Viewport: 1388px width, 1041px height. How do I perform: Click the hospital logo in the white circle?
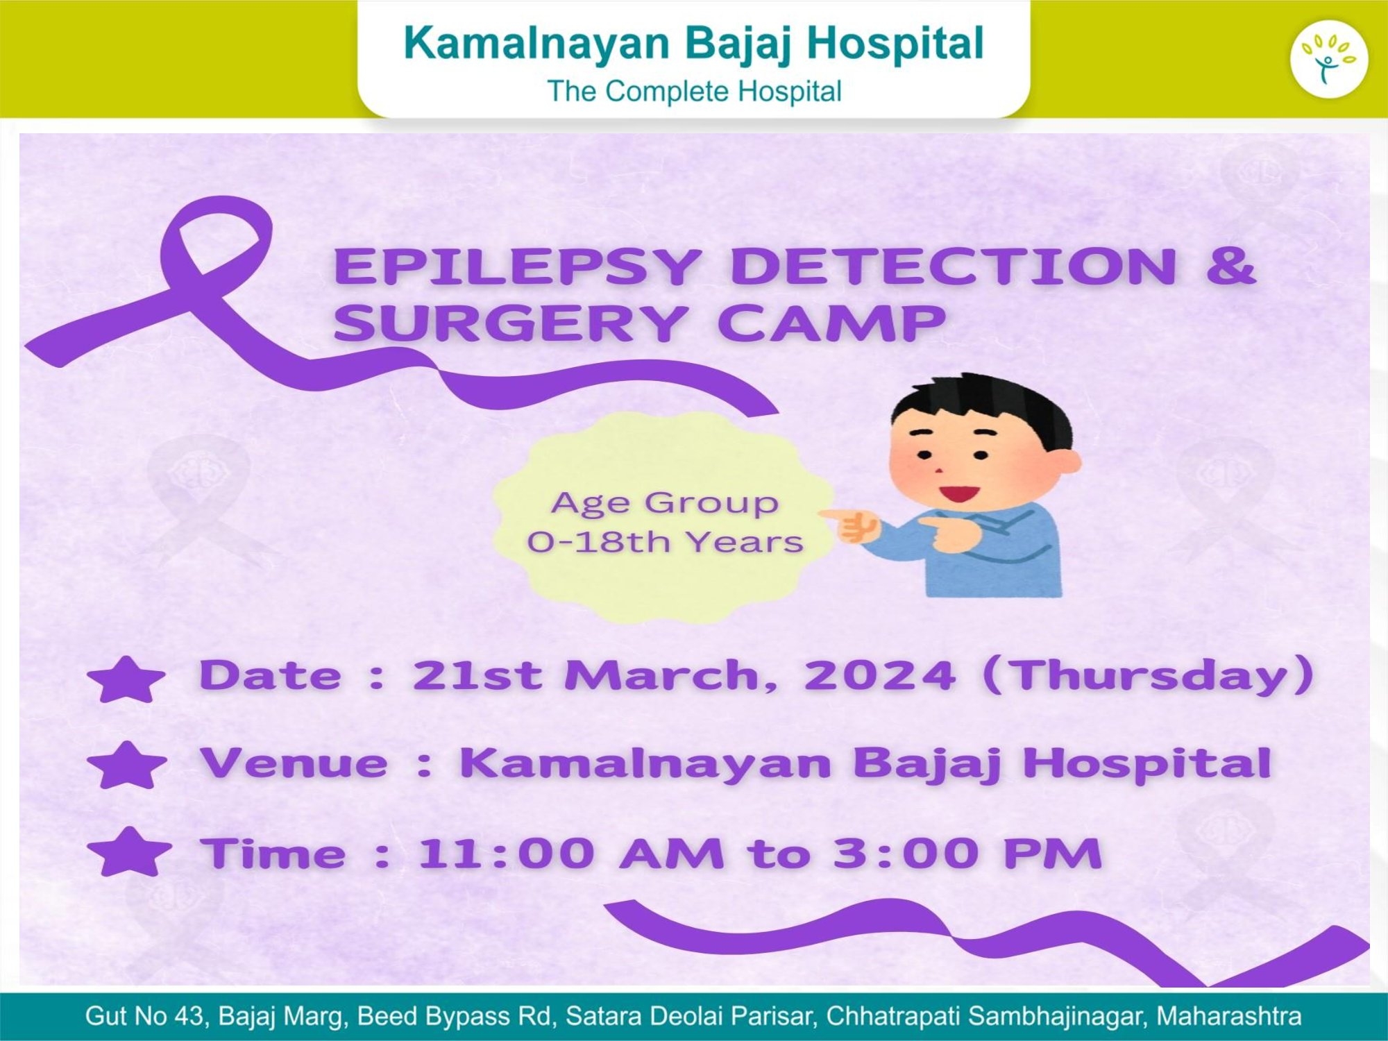[1328, 59]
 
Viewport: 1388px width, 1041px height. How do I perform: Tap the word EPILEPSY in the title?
[516, 266]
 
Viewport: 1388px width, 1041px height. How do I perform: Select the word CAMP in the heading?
[831, 323]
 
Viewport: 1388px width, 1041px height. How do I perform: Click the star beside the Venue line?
[127, 765]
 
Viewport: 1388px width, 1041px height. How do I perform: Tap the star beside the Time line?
[130, 852]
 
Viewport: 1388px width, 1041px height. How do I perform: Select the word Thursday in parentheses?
[1149, 675]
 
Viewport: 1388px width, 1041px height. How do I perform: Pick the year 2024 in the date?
[879, 675]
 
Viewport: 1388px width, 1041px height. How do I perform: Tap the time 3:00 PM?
[967, 853]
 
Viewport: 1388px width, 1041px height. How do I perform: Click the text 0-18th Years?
[665, 542]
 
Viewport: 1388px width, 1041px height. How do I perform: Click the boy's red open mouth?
[959, 494]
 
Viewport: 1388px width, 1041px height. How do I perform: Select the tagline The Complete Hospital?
[694, 92]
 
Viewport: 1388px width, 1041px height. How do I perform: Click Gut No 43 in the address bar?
[144, 1016]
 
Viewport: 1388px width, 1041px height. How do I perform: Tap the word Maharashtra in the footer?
[1228, 1016]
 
